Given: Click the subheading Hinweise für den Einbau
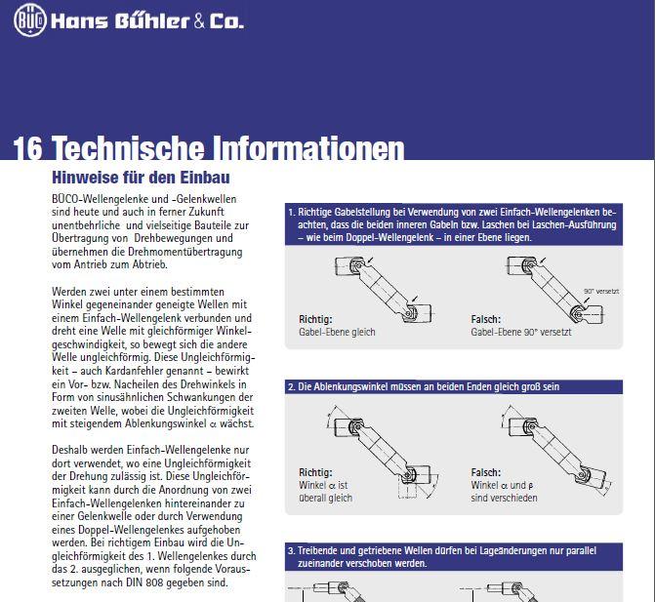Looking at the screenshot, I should coord(140,178).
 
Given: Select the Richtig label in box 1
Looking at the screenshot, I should coord(315,319).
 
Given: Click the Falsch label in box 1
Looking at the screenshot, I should coord(486,319).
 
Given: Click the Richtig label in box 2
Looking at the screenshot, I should coord(315,472).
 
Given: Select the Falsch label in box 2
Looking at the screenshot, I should coord(486,472).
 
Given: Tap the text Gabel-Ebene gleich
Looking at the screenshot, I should coord(337,332).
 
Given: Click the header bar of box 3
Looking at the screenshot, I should coord(454,556).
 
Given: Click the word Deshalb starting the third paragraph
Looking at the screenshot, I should coord(75,445).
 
